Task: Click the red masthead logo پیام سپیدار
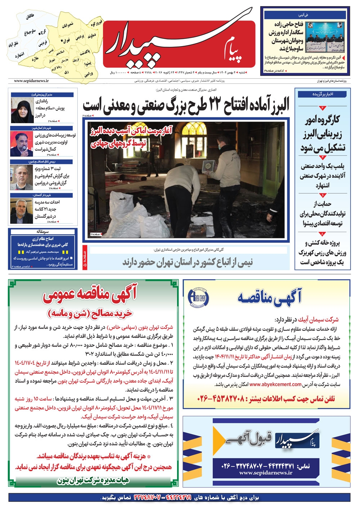[179, 41]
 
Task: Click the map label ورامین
[89, 74]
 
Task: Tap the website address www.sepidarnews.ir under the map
[31, 81]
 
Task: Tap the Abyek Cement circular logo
[198, 297]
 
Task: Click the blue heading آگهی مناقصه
[269, 297]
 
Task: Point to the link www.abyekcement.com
[275, 384]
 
